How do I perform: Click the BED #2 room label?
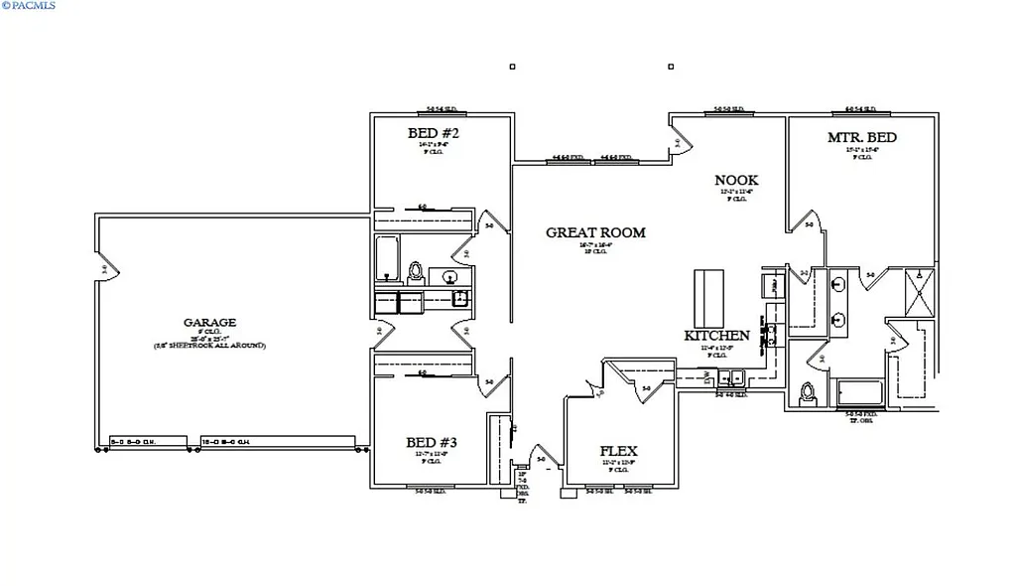tap(433, 133)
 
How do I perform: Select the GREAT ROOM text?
tap(595, 233)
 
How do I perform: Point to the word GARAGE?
tap(209, 323)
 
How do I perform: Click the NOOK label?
tap(736, 180)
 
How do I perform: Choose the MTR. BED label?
tap(861, 137)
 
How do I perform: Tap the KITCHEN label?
tap(716, 336)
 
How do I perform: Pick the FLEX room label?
tap(619, 452)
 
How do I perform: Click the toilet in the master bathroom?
tap(809, 392)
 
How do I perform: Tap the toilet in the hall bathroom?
tap(417, 270)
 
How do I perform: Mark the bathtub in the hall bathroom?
tap(387, 258)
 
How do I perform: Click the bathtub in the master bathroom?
tap(859, 393)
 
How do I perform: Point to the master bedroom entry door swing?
tap(807, 224)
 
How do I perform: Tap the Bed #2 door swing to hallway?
tap(488, 224)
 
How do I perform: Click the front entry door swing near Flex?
tap(540, 455)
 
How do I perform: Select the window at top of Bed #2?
tap(441, 110)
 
